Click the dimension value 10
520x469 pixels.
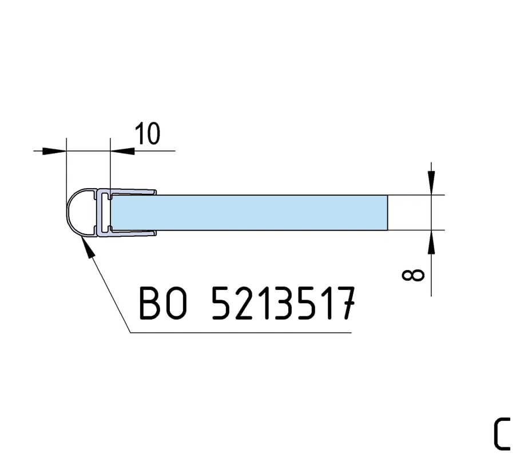pos(148,133)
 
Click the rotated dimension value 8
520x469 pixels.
pos(413,275)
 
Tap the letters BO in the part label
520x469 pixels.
pos(163,303)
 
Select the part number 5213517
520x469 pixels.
pos(284,303)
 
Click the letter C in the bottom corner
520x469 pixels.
pos(502,434)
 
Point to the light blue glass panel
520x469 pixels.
pos(249,213)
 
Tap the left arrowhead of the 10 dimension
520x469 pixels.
pos(54,151)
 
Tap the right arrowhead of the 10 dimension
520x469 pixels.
pos(122,151)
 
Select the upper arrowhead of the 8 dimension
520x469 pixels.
pos(431,182)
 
